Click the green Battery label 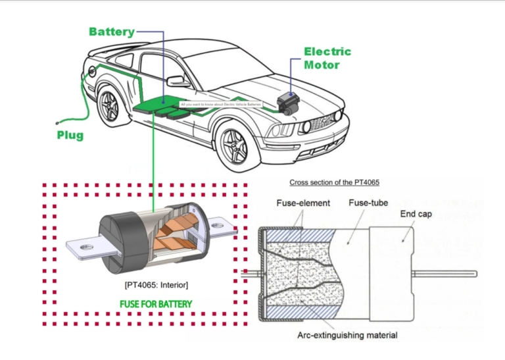(112, 32)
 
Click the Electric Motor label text (327, 58)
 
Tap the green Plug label (69, 136)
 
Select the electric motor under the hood (288, 102)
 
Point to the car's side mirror (178, 81)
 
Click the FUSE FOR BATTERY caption (155, 304)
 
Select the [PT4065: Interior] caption (156, 284)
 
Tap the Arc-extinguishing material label (346, 335)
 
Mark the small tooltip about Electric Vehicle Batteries (220, 105)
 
